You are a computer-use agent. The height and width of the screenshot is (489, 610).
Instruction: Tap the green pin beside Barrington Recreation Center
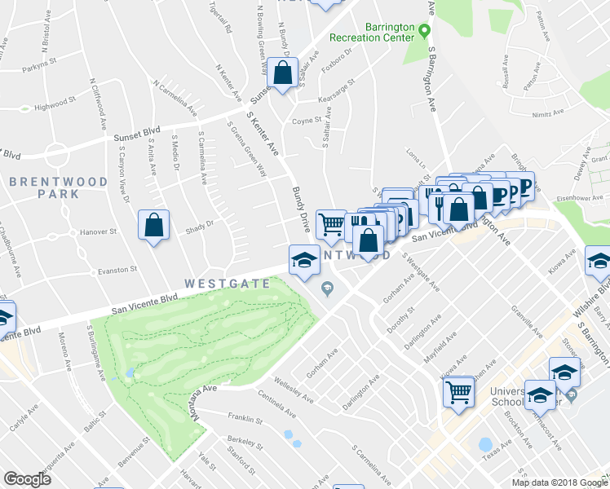coord(424,32)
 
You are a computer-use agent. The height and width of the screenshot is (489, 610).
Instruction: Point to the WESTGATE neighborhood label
coord(215,284)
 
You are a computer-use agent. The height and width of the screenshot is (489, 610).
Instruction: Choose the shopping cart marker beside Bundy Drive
coord(330,223)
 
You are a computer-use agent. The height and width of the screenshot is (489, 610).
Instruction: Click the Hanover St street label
coord(98,232)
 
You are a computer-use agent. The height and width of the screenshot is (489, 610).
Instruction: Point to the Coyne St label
coord(307,122)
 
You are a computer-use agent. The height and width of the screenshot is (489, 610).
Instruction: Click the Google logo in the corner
coord(26,479)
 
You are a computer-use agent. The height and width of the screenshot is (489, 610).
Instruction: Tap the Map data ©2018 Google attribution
coord(559,482)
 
